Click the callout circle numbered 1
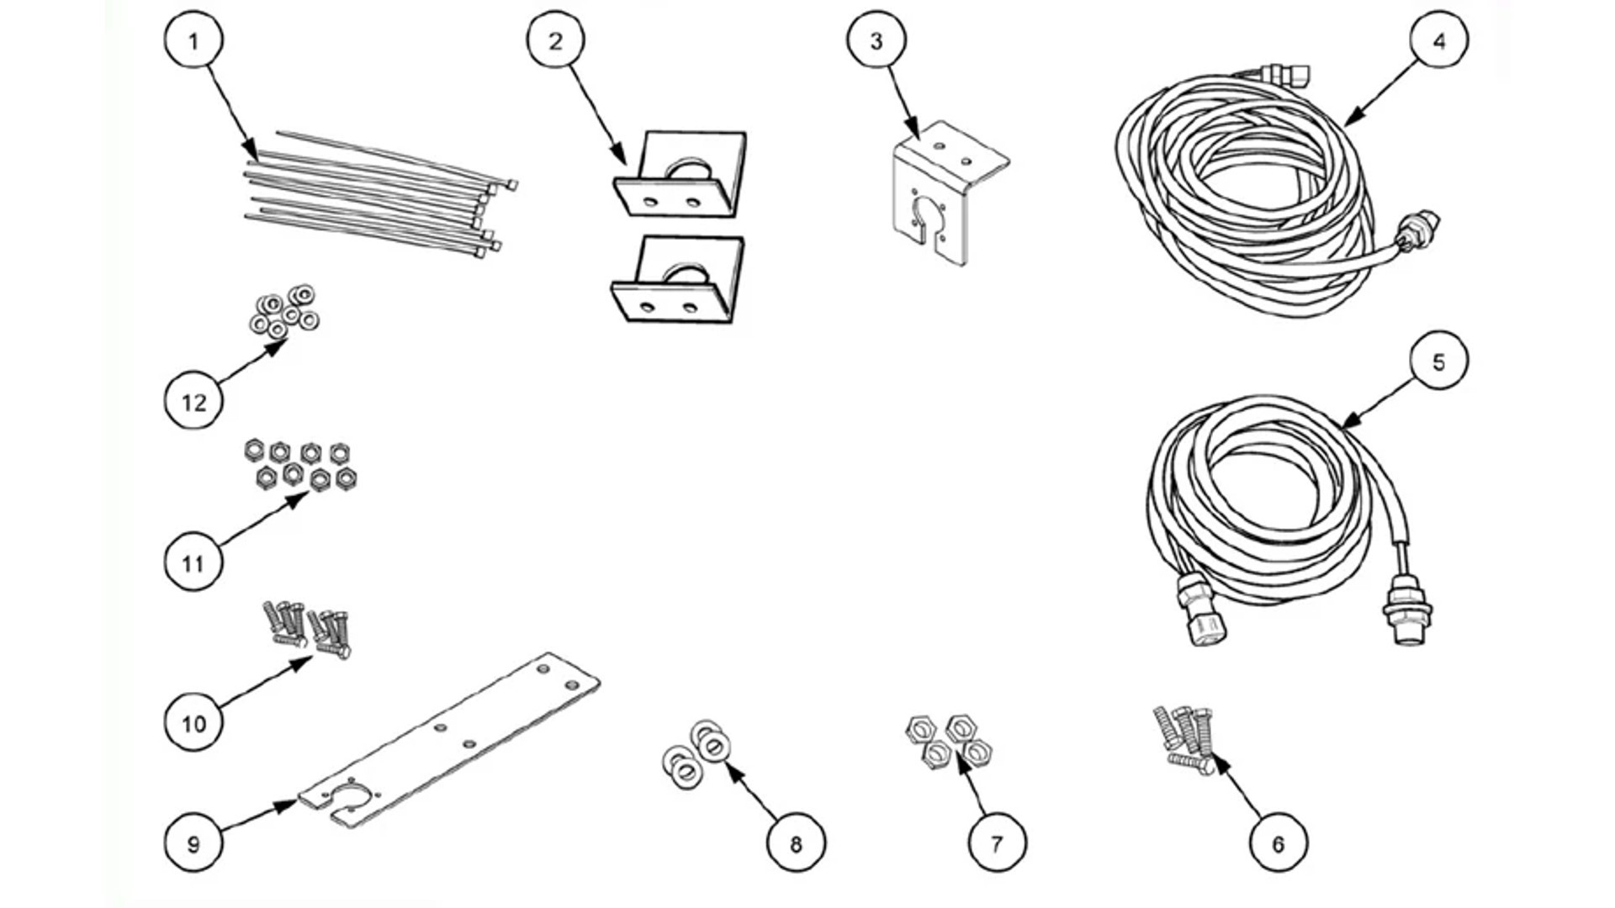[193, 40]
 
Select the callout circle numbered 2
[556, 40]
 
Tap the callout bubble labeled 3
[876, 40]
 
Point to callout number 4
[1439, 40]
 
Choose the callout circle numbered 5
[1439, 361]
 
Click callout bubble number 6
[1279, 842]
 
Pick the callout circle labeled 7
[997, 842]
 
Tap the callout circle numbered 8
[796, 842]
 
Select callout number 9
[193, 842]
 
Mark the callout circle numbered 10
[193, 722]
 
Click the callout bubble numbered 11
[193, 562]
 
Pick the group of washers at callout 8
[696, 755]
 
